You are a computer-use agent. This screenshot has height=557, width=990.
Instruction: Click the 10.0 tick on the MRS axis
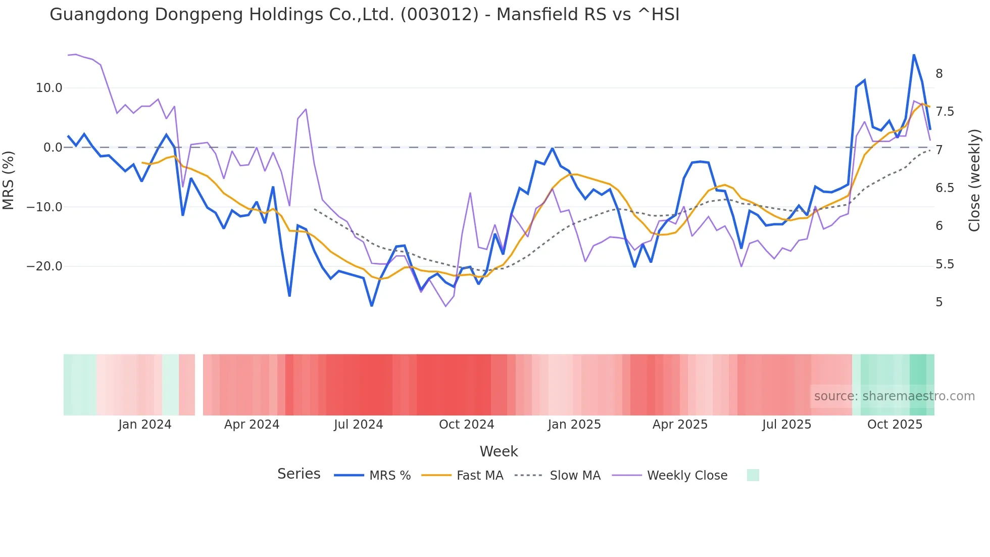(x=48, y=88)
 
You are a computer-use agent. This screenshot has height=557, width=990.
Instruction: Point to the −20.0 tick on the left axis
(x=44, y=266)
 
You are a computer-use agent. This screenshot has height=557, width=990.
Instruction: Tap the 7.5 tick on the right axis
(x=945, y=112)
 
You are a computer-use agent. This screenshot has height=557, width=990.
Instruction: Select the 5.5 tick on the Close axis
(x=945, y=264)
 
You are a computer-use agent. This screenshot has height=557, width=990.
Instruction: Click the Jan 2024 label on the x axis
(x=145, y=425)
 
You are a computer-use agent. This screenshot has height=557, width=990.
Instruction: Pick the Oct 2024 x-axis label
(x=466, y=425)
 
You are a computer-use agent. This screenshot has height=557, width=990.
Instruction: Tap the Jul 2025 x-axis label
(x=786, y=425)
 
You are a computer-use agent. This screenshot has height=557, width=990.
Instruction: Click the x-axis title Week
(x=499, y=451)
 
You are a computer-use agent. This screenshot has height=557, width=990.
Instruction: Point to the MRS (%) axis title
(x=9, y=180)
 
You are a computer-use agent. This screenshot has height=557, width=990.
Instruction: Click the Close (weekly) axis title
(x=974, y=180)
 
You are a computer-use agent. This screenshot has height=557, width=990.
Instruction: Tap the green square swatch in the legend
(x=753, y=475)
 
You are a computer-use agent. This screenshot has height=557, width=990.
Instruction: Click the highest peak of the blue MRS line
(x=914, y=55)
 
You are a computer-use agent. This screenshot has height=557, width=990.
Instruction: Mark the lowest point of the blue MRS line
(x=372, y=306)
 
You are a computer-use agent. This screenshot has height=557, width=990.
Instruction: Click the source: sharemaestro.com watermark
(x=894, y=396)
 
